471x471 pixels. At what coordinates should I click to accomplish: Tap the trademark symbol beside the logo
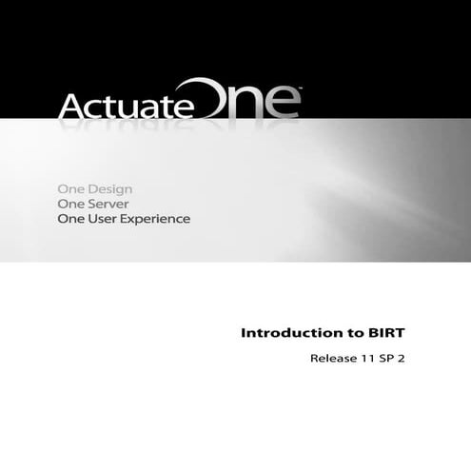301,90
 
